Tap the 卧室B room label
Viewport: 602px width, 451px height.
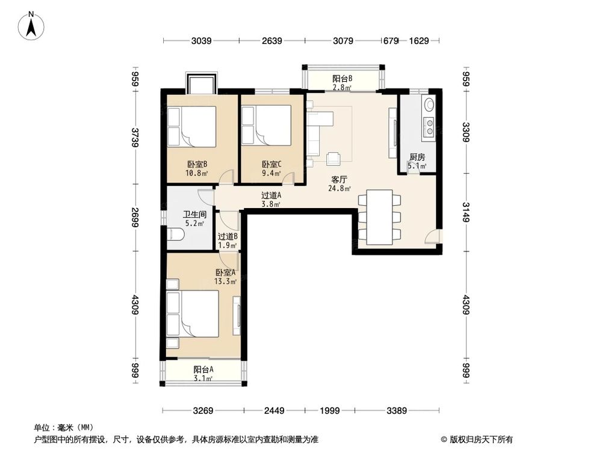click(x=197, y=164)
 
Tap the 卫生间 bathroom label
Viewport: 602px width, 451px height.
click(x=195, y=214)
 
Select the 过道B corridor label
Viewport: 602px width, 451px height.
click(x=228, y=237)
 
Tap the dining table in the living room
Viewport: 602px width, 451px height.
click(x=380, y=217)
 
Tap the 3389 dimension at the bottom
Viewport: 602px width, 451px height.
click(x=397, y=411)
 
